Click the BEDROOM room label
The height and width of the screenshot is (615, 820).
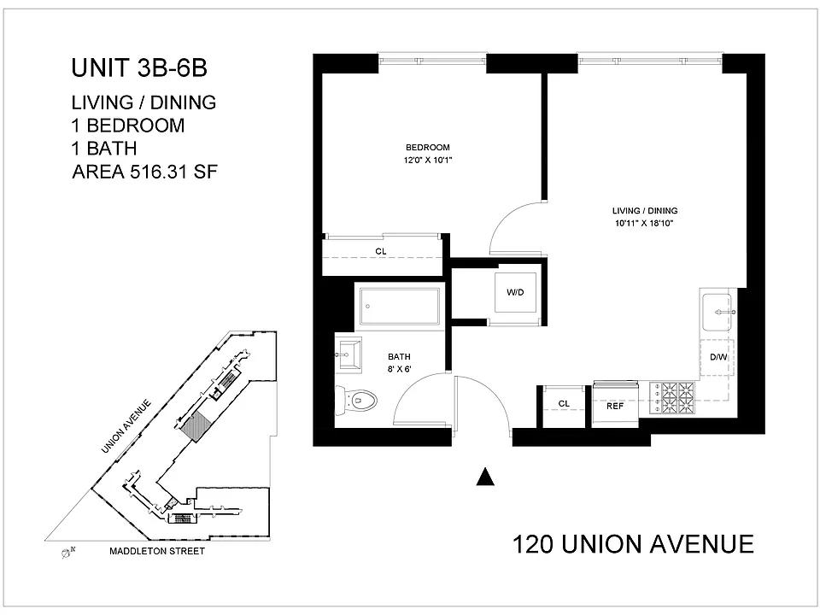(x=427, y=148)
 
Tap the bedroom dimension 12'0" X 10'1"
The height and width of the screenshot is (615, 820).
(x=427, y=160)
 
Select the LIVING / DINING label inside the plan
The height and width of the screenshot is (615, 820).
(x=645, y=211)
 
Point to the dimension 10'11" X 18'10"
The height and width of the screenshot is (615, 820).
(x=644, y=223)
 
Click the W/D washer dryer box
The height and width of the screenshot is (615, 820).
(x=515, y=292)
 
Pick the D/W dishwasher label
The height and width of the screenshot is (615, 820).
(x=718, y=357)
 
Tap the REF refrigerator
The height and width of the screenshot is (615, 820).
(x=615, y=405)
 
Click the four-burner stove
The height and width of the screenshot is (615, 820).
(x=672, y=398)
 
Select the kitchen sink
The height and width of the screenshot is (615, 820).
(x=717, y=313)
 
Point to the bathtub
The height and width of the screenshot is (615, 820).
(x=400, y=306)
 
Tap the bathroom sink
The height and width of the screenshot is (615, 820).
(x=348, y=355)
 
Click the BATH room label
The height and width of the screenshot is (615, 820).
(x=399, y=357)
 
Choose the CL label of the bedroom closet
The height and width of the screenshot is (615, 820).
(x=381, y=251)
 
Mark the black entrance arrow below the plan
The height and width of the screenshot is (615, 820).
(x=485, y=477)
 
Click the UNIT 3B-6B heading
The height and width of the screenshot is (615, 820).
(x=139, y=68)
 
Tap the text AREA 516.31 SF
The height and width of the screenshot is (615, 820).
(x=144, y=172)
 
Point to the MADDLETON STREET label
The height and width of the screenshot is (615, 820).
(x=157, y=551)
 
